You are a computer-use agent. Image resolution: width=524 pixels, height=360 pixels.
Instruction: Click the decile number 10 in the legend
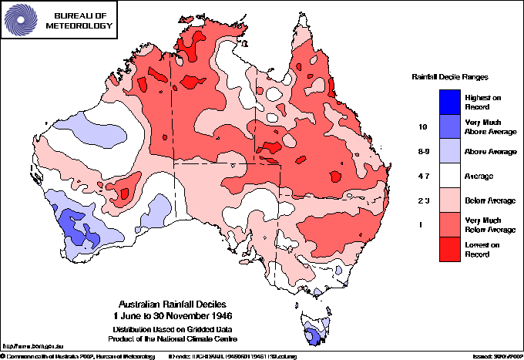(422, 126)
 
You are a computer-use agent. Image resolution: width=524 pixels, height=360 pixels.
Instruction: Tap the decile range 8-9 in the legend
(422, 152)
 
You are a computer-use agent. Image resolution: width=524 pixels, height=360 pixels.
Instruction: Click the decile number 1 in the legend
(422, 224)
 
